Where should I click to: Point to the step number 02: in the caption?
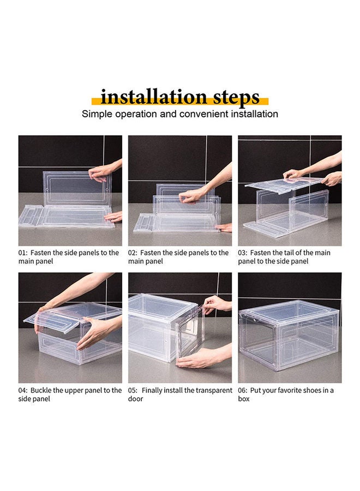pyautogui.click(x=134, y=253)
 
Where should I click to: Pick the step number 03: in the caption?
pyautogui.click(x=243, y=253)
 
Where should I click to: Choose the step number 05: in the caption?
pyautogui.click(x=134, y=391)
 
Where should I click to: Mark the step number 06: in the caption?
pyautogui.click(x=243, y=391)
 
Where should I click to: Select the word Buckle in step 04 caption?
pyautogui.click(x=41, y=391)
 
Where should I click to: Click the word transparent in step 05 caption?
pyautogui.click(x=212, y=391)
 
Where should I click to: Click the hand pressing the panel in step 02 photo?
pyautogui.click(x=194, y=196)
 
